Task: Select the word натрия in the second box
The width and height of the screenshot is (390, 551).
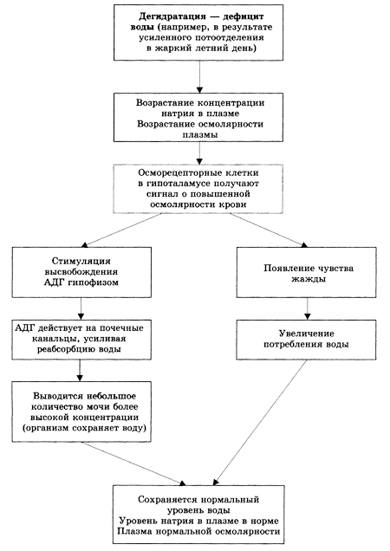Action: [x=176, y=113]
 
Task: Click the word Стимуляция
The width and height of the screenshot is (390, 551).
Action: [x=81, y=261]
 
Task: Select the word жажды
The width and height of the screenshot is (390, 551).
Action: [x=309, y=279]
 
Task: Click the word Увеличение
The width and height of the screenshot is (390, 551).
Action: [x=306, y=334]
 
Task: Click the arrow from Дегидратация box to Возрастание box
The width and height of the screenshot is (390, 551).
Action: [x=199, y=76]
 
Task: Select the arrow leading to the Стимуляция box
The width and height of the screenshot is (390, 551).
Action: [x=121, y=230]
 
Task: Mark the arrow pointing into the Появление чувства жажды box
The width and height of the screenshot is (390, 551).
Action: [x=269, y=230]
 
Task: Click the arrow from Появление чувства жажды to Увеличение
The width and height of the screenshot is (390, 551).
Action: [x=308, y=308]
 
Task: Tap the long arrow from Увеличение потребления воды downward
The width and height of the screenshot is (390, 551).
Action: [x=260, y=423]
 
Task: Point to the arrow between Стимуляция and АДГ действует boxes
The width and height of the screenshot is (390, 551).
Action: [x=81, y=308]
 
